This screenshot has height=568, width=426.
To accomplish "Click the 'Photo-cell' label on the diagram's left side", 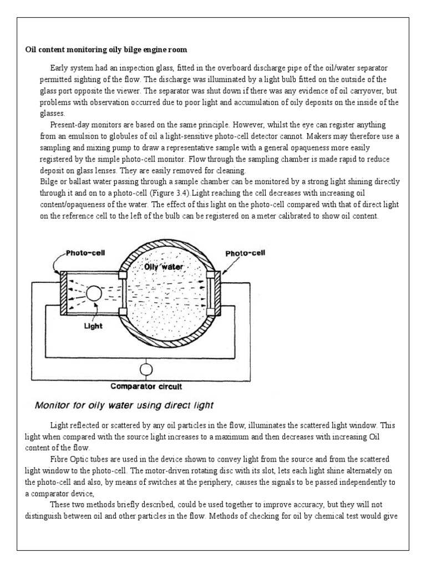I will pos(86,253).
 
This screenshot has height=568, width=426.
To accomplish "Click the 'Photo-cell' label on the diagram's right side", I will pos(246,253).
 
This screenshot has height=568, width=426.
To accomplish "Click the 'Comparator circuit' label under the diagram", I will pos(146,386).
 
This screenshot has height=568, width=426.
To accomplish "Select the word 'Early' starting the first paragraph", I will pos(59,68).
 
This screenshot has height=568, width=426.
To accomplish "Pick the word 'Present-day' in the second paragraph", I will pos(69,125).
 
